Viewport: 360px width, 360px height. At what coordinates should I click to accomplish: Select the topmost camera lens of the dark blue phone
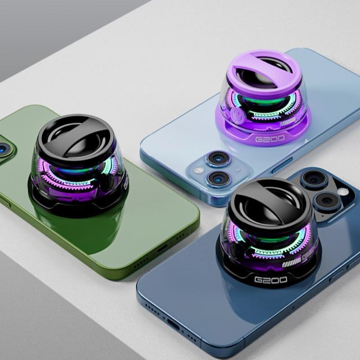coord(310,179)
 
